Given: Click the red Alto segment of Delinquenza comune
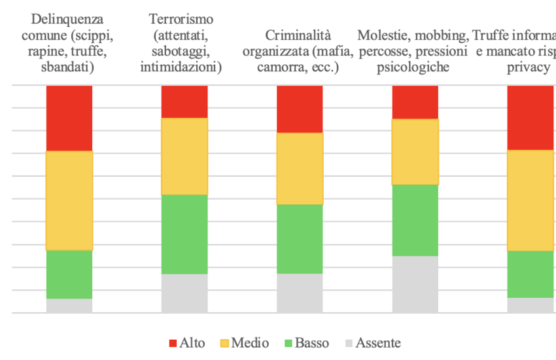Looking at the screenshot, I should click(x=69, y=118).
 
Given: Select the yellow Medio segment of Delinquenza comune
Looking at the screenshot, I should click(x=69, y=200).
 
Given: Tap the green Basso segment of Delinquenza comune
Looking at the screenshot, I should click(x=69, y=274).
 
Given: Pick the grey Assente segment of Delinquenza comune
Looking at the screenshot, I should click(x=69, y=305).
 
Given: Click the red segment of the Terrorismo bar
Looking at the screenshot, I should click(x=184, y=101).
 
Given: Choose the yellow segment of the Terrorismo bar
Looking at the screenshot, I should click(x=184, y=156).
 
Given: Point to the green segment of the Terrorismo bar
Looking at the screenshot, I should click(x=184, y=234).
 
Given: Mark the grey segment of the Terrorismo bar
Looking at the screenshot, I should click(x=184, y=293).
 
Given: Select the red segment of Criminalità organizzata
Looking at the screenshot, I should click(x=300, y=109).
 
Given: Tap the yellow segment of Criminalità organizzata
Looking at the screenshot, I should click(x=300, y=168).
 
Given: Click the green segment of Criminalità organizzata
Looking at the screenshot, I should click(x=300, y=238).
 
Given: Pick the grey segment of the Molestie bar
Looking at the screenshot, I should click(x=415, y=283).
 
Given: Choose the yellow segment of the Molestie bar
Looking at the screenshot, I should click(x=415, y=151).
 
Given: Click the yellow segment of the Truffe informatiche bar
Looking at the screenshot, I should click(x=530, y=200).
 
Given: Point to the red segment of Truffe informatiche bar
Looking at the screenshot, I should click(x=530, y=118).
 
